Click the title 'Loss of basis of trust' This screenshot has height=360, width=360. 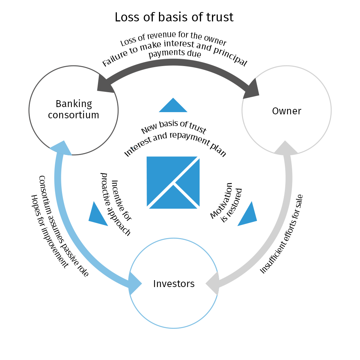pos(174,17)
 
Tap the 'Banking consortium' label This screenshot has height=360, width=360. pos(74,109)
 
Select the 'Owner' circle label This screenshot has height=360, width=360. pos(286,111)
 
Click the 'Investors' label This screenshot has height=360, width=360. pos(174,283)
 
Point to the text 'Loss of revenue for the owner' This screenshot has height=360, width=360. pos(173,38)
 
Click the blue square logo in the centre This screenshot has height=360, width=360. pos(173,182)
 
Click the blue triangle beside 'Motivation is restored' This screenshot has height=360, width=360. pos(249,216)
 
